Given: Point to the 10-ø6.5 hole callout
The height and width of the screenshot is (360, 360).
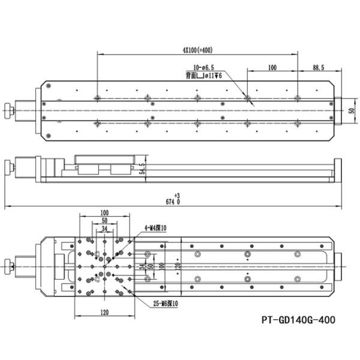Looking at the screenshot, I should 205,68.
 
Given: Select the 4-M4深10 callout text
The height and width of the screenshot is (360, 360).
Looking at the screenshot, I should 158,228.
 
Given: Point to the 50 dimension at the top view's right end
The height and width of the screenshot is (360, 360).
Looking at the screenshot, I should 351,110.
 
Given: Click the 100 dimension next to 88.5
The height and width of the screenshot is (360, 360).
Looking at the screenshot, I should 272,68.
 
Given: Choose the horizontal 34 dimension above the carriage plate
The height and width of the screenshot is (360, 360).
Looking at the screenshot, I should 104,228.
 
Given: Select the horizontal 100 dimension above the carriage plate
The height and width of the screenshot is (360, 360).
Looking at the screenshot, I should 104,213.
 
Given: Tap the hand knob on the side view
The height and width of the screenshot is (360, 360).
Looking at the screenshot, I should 8,166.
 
